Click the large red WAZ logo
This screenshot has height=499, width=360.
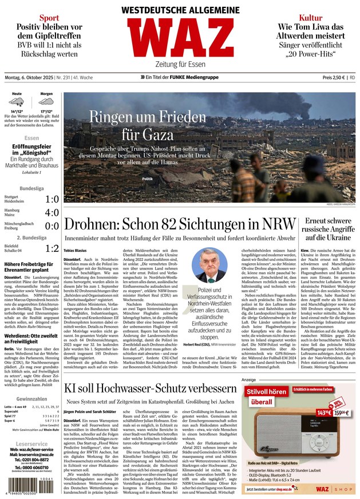point(180,38)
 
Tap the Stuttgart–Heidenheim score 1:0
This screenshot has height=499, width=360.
point(52,199)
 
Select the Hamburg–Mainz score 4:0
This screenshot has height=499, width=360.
point(52,212)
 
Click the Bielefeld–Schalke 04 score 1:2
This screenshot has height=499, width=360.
point(52,248)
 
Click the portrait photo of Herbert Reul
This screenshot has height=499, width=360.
point(208,265)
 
